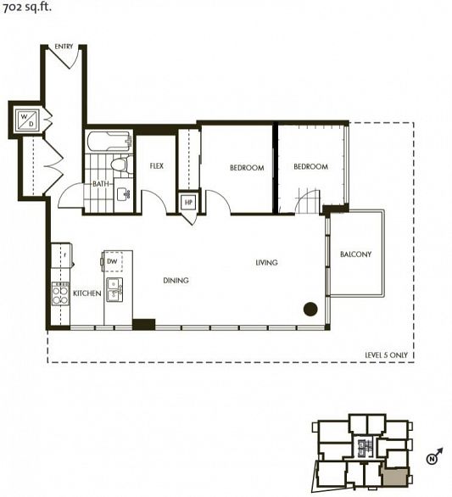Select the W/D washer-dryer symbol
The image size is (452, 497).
pyautogui.click(x=25, y=119)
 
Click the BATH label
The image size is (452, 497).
pyautogui.click(x=101, y=184)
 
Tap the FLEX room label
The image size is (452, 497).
pyautogui.click(x=156, y=166)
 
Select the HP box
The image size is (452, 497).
pyautogui.click(x=188, y=203)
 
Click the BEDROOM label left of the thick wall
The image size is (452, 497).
pyautogui.click(x=247, y=168)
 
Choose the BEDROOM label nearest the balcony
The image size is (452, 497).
pyautogui.click(x=310, y=167)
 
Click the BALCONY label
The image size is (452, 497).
pyautogui.click(x=355, y=254)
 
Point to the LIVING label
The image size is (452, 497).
pyautogui.click(x=267, y=263)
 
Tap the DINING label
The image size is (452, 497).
pyautogui.click(x=176, y=280)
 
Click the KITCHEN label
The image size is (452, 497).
pyautogui.click(x=87, y=293)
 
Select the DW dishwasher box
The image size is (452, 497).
pyautogui.click(x=113, y=262)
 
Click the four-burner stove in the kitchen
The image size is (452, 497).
pyautogui.click(x=60, y=293)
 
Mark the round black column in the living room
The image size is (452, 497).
pyautogui.click(x=310, y=309)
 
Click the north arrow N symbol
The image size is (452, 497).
pyautogui.click(x=432, y=459)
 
